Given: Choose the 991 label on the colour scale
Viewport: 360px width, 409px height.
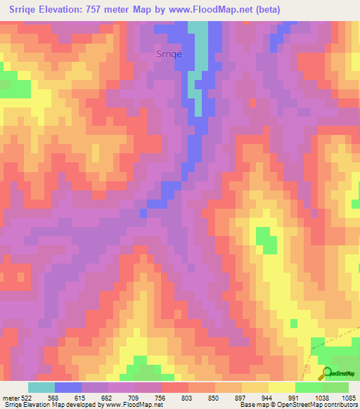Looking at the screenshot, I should coord(295,397).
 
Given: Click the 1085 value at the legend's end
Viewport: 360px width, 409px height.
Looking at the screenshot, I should coord(348,397).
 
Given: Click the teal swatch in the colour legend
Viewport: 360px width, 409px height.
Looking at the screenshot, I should coord(41,387).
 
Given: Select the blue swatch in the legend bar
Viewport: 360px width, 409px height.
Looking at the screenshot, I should coord(68,387).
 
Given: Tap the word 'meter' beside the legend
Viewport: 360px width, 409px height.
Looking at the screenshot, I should coord(12,397).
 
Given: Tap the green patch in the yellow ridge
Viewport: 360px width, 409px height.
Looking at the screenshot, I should coord(265,240).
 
